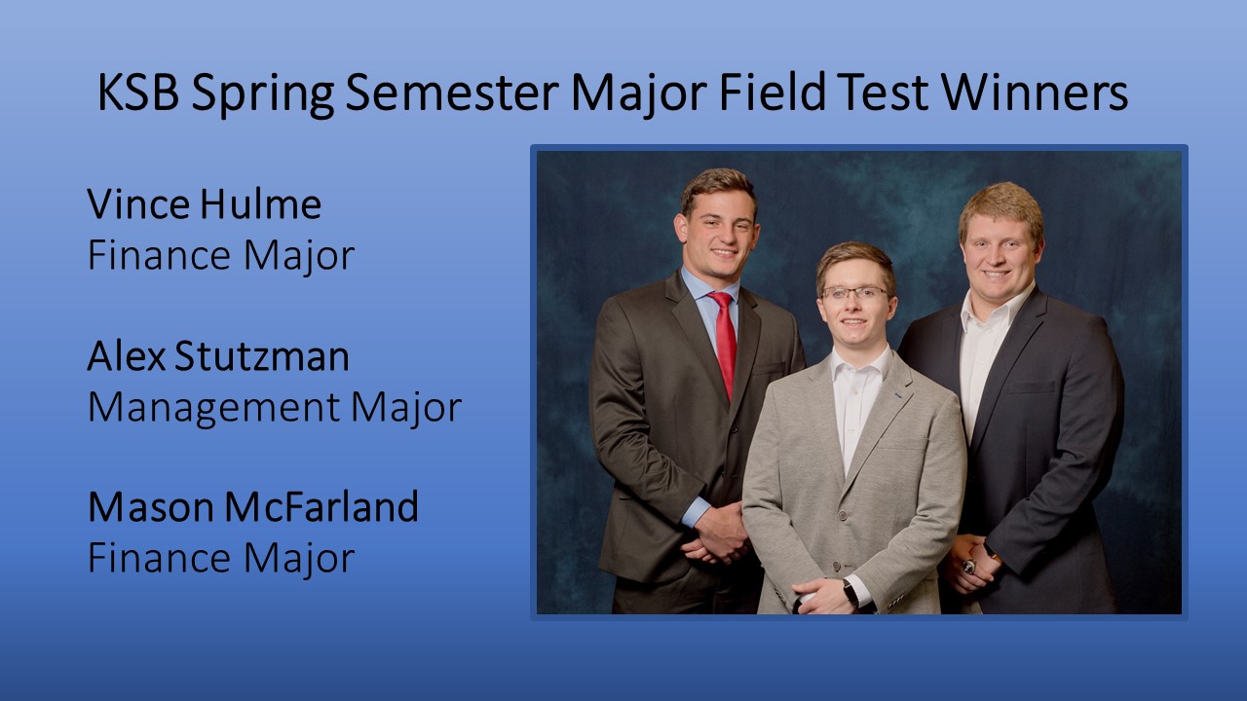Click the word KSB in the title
[138, 92]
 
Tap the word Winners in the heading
[1035, 92]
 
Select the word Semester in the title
[451, 92]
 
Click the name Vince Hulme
[205, 204]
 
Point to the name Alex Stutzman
[218, 355]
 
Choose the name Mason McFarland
[252, 507]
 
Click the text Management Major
[275, 408]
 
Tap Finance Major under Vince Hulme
[221, 256]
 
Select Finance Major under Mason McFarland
[221, 558]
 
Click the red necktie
[724, 342]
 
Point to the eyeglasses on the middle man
[855, 293]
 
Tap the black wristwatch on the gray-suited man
[850, 593]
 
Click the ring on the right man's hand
[969, 567]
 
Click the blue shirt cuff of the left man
[696, 512]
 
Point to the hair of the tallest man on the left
[718, 188]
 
